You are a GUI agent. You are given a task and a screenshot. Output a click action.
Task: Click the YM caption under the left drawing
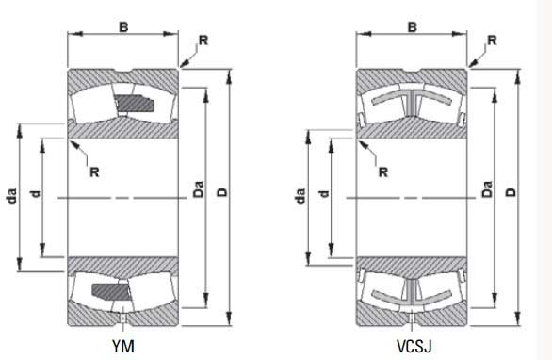(x=123, y=346)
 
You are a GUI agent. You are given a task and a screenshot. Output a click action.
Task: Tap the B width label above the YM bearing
(x=123, y=27)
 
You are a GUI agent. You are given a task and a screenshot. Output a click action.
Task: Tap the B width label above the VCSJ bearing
(x=412, y=27)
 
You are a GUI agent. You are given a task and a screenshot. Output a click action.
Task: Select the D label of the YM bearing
(x=222, y=193)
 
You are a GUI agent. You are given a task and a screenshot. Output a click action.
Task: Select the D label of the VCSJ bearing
(x=511, y=193)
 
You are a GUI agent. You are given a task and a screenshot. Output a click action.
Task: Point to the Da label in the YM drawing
(x=199, y=191)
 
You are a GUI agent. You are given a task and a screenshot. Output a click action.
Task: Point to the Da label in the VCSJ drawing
(x=487, y=191)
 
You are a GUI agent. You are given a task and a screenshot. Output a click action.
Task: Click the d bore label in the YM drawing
(x=35, y=194)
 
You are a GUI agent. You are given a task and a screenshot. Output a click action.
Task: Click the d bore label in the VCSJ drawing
(x=323, y=194)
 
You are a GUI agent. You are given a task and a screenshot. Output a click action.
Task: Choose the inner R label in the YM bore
(x=93, y=171)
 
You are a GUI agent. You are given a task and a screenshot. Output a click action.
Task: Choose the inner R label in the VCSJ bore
(x=382, y=171)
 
